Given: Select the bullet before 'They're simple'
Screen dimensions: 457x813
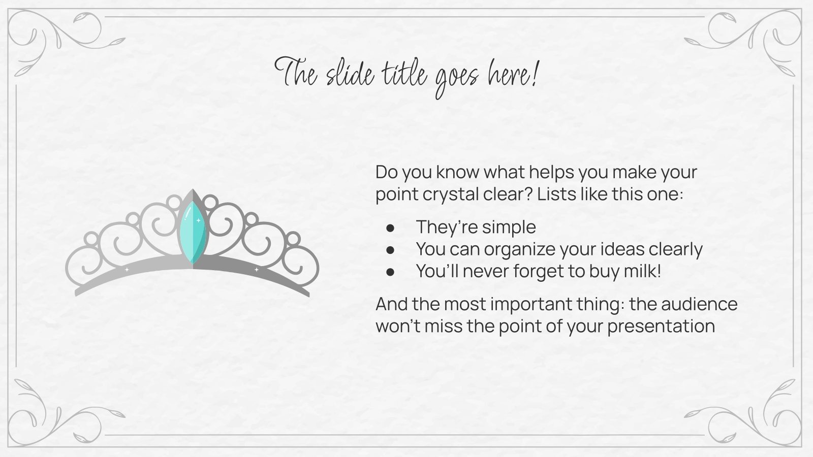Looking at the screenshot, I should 390,228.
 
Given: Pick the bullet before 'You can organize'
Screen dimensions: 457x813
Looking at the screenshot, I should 390,250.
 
